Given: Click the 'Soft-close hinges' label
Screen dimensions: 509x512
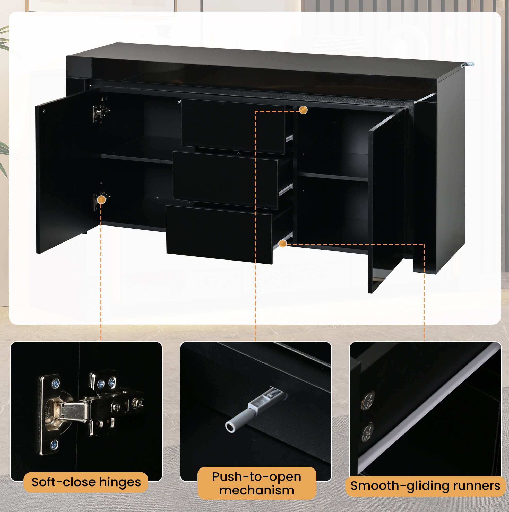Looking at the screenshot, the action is [86, 482].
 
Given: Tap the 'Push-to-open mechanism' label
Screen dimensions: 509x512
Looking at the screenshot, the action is [257, 483].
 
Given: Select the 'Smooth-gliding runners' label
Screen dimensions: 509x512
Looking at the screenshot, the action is [425, 486].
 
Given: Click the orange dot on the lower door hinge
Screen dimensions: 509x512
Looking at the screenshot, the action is [101, 199].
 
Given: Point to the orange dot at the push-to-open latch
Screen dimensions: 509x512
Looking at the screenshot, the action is [303, 110].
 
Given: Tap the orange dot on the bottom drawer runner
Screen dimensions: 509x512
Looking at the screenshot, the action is [283, 243].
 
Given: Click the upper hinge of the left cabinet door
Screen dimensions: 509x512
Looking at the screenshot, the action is [101, 113].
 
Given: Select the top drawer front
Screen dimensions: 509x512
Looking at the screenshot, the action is [233, 126].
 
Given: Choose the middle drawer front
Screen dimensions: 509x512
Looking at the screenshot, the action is [225, 180].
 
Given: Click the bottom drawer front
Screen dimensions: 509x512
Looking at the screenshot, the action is [219, 234].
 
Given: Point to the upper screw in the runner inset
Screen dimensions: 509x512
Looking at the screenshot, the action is [368, 401].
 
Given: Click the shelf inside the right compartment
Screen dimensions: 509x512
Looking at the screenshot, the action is [333, 177].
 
